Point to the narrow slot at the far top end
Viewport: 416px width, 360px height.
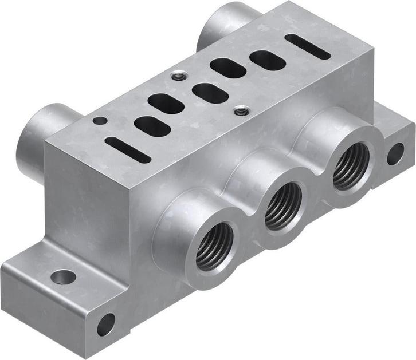308,47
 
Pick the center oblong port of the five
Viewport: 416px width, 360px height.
210,92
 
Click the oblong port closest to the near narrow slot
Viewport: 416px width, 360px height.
152,126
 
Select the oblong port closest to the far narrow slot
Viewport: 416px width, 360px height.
267,60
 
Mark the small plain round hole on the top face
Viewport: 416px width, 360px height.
100,121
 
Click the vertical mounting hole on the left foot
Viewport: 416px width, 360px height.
63,277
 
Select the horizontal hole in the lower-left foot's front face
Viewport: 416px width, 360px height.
106,325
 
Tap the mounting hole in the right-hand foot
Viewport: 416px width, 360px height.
395,154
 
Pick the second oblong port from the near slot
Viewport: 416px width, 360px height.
167,104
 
